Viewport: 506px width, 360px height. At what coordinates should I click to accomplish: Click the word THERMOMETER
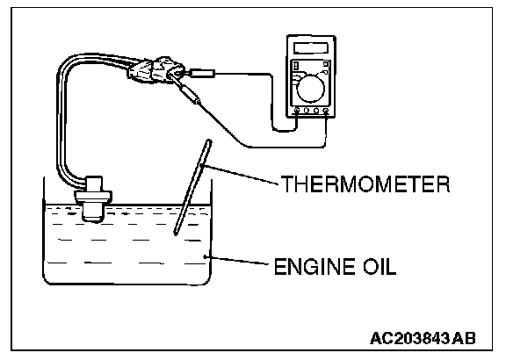click(x=365, y=184)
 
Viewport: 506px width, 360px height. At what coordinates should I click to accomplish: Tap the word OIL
click(x=380, y=266)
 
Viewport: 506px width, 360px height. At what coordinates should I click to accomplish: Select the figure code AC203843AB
click(x=423, y=338)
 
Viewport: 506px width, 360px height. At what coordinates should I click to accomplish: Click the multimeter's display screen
click(x=311, y=48)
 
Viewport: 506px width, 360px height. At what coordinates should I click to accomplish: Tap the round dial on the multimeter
click(x=310, y=89)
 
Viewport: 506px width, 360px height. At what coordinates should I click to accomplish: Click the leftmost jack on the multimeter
click(x=297, y=111)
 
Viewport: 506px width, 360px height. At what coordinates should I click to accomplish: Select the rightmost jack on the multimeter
click(x=326, y=111)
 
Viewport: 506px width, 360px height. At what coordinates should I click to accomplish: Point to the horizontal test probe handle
click(x=202, y=74)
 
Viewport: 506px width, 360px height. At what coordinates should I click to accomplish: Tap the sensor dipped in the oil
click(x=92, y=198)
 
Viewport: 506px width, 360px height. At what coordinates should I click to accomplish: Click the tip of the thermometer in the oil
click(x=176, y=233)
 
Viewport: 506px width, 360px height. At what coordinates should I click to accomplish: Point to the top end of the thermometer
click(x=209, y=141)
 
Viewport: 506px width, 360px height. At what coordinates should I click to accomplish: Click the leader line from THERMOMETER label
click(x=240, y=175)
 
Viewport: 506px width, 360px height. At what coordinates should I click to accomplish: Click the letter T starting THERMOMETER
click(x=287, y=184)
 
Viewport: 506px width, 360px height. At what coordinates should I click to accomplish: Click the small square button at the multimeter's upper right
click(x=326, y=64)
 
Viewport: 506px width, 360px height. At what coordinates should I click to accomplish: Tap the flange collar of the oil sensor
click(x=92, y=197)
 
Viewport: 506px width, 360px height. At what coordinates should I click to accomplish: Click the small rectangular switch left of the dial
click(x=296, y=66)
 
